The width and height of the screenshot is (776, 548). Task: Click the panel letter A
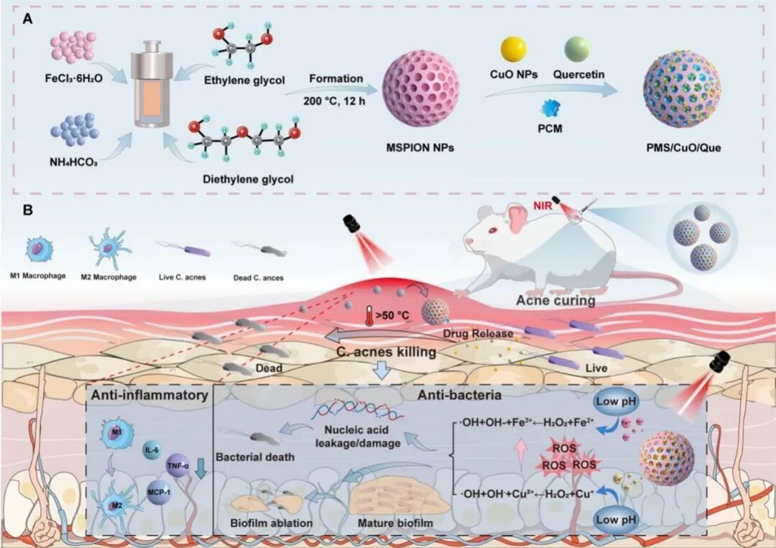[x=27, y=20]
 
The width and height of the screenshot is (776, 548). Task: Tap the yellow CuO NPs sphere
[x=513, y=48]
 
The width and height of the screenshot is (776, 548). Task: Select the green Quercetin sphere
[x=577, y=48]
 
